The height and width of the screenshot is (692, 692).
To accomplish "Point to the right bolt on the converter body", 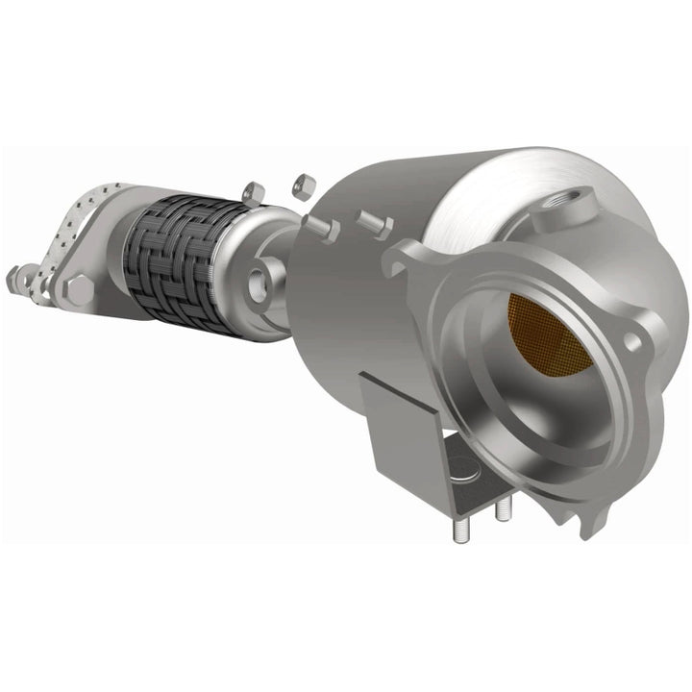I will pyautogui.click(x=375, y=224).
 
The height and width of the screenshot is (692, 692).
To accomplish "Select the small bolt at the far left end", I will pyautogui.click(x=16, y=280).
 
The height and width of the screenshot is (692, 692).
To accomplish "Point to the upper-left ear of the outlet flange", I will pyautogui.click(x=408, y=259).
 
